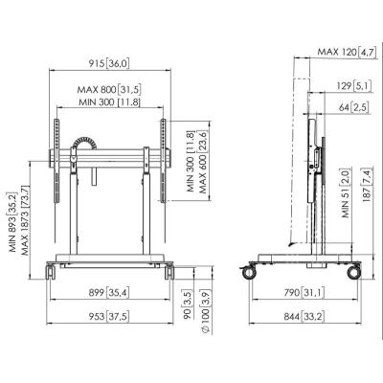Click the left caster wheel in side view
249,273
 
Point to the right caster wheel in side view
354,273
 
